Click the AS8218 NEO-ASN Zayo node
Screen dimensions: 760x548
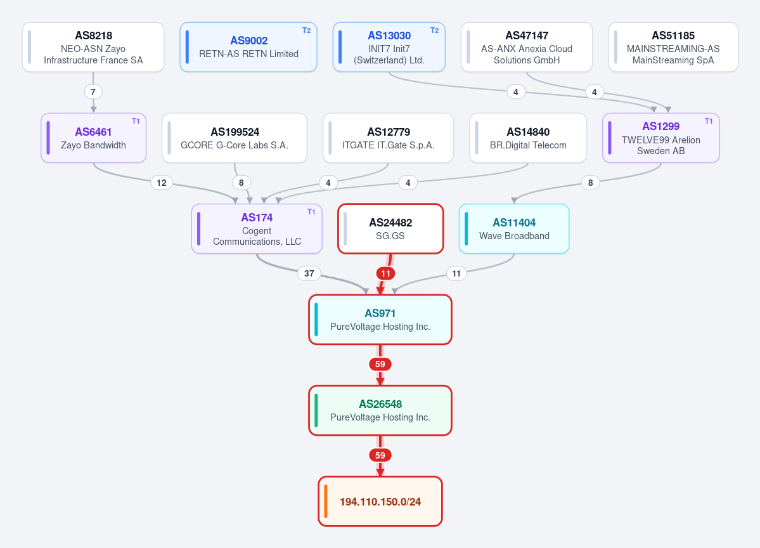(93, 47)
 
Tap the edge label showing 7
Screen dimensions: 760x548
(93, 92)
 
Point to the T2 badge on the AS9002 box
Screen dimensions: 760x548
(306, 30)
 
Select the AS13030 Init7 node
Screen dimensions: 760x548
(389, 47)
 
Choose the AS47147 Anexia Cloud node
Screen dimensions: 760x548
(526, 47)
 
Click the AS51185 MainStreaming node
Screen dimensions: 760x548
(673, 47)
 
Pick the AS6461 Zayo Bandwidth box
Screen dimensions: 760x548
(94, 138)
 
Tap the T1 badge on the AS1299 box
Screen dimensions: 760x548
(709, 121)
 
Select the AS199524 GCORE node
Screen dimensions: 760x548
(235, 138)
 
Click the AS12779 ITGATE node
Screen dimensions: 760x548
(388, 138)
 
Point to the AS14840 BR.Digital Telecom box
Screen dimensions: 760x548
(528, 138)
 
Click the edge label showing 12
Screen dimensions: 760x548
(162, 183)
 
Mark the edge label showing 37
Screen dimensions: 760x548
(309, 273)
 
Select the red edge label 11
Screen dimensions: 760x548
(385, 273)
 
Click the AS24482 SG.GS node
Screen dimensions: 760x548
(390, 229)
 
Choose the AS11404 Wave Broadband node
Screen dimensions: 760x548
(514, 229)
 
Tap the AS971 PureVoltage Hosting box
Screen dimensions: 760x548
(380, 320)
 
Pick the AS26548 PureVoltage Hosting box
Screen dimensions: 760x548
(380, 410)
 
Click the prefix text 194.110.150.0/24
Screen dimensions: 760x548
(380, 502)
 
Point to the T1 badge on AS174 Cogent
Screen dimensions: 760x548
(311, 212)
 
